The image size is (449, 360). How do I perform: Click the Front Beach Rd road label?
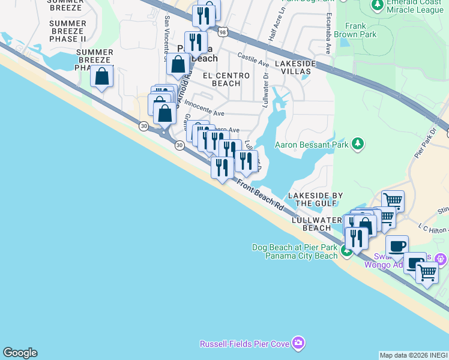click(260, 196)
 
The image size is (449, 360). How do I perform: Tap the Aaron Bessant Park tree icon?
click(358, 143)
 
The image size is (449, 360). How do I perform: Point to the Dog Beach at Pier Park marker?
click(347, 251)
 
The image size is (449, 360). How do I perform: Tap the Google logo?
click(20, 353)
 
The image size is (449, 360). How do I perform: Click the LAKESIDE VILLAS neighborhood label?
click(293, 67)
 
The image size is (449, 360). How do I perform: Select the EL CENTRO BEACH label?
click(221, 79)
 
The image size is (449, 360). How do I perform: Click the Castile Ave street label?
click(253, 59)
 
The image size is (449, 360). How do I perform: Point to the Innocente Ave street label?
click(204, 109)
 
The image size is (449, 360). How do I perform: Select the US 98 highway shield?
click(223, 32)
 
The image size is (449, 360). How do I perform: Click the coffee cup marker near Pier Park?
click(397, 247)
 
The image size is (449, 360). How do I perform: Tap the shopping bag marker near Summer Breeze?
click(102, 76)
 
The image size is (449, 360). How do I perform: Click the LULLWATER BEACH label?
click(316, 224)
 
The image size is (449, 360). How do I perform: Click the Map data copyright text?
click(414, 355)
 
